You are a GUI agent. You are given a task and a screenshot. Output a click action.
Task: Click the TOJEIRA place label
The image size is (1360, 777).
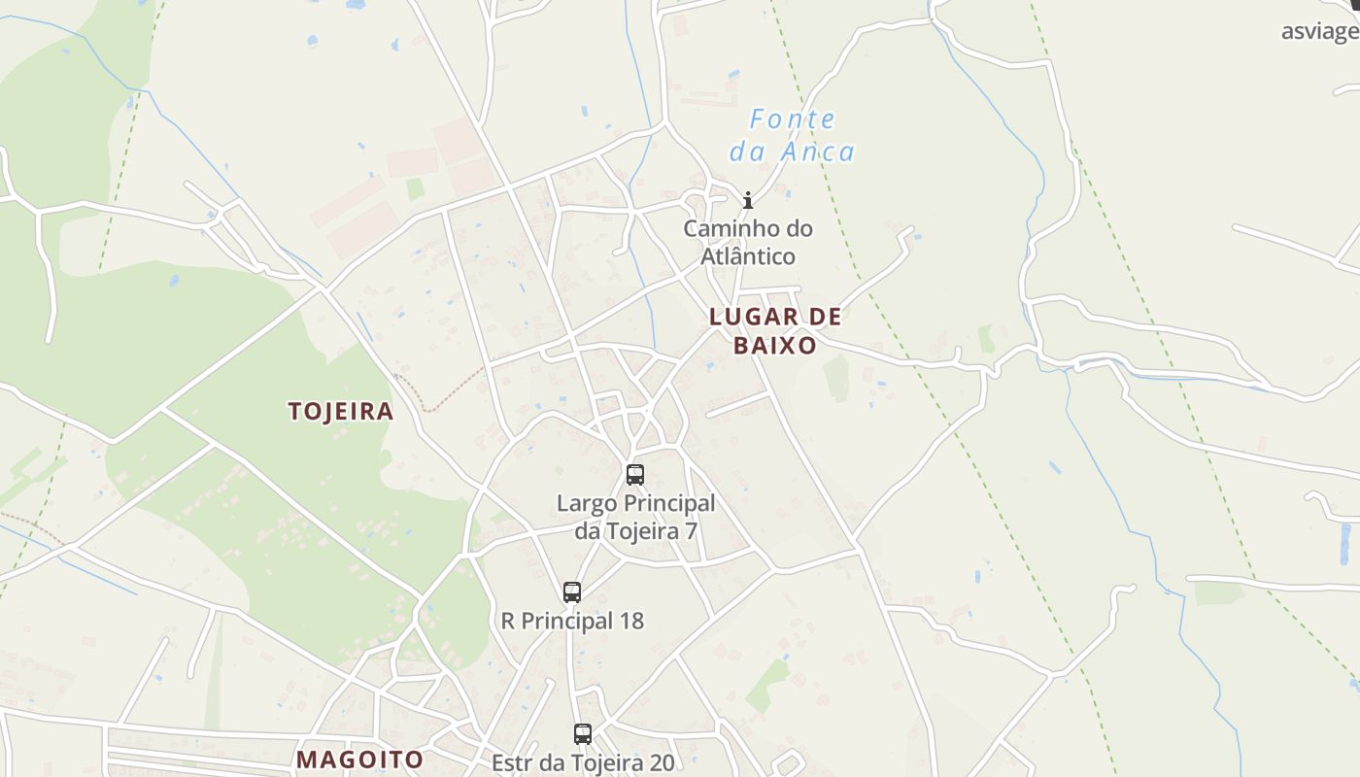pyautogui.click(x=341, y=411)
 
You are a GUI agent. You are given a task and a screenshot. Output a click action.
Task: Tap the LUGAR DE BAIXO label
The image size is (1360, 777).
pyautogui.click(x=775, y=330)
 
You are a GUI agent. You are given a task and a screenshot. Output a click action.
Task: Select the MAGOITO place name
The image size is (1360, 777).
pyautogui.click(x=359, y=760)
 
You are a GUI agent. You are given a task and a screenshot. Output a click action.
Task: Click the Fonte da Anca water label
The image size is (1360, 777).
pyautogui.click(x=792, y=136)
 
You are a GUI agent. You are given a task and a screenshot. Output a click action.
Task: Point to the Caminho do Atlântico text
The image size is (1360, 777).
pyautogui.click(x=748, y=243)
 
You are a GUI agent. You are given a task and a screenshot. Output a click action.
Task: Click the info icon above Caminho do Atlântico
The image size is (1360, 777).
pyautogui.click(x=748, y=201)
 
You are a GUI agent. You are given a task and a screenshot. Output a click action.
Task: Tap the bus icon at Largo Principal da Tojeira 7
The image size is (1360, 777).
pyautogui.click(x=635, y=475)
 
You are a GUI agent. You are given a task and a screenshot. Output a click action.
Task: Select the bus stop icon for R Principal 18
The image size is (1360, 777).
pyautogui.click(x=572, y=591)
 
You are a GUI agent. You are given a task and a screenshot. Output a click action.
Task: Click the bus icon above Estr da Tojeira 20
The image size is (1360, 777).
pyautogui.click(x=583, y=734)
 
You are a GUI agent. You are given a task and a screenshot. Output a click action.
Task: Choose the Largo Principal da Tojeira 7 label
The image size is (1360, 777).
pyautogui.click(x=635, y=517)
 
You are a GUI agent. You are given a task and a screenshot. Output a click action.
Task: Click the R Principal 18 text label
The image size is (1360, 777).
pyautogui.click(x=572, y=621)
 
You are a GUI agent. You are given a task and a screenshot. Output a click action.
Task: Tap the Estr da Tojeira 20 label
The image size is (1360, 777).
pyautogui.click(x=583, y=762)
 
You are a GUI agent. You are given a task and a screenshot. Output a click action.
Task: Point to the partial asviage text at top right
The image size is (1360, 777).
pyautogui.click(x=1319, y=31)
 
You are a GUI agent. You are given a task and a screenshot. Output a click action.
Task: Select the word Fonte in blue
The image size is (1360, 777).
pyautogui.click(x=793, y=120)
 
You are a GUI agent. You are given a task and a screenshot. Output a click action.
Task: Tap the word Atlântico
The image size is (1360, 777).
pyautogui.click(x=748, y=256)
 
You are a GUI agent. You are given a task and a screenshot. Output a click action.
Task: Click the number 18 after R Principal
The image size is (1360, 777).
pyautogui.click(x=630, y=621)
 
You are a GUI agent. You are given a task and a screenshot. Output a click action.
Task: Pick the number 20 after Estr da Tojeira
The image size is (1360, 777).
pyautogui.click(x=661, y=762)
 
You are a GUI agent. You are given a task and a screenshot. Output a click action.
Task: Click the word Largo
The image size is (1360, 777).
pyautogui.click(x=586, y=503)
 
